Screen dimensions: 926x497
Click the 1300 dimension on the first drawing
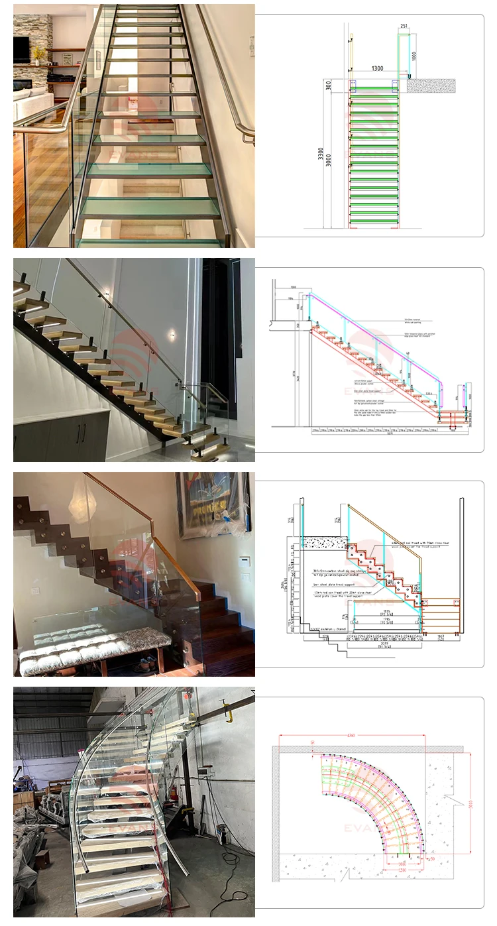pos(377,68)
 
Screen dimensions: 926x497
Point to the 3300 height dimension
pos(319,157)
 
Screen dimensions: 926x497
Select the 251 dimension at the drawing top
pos(404,27)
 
